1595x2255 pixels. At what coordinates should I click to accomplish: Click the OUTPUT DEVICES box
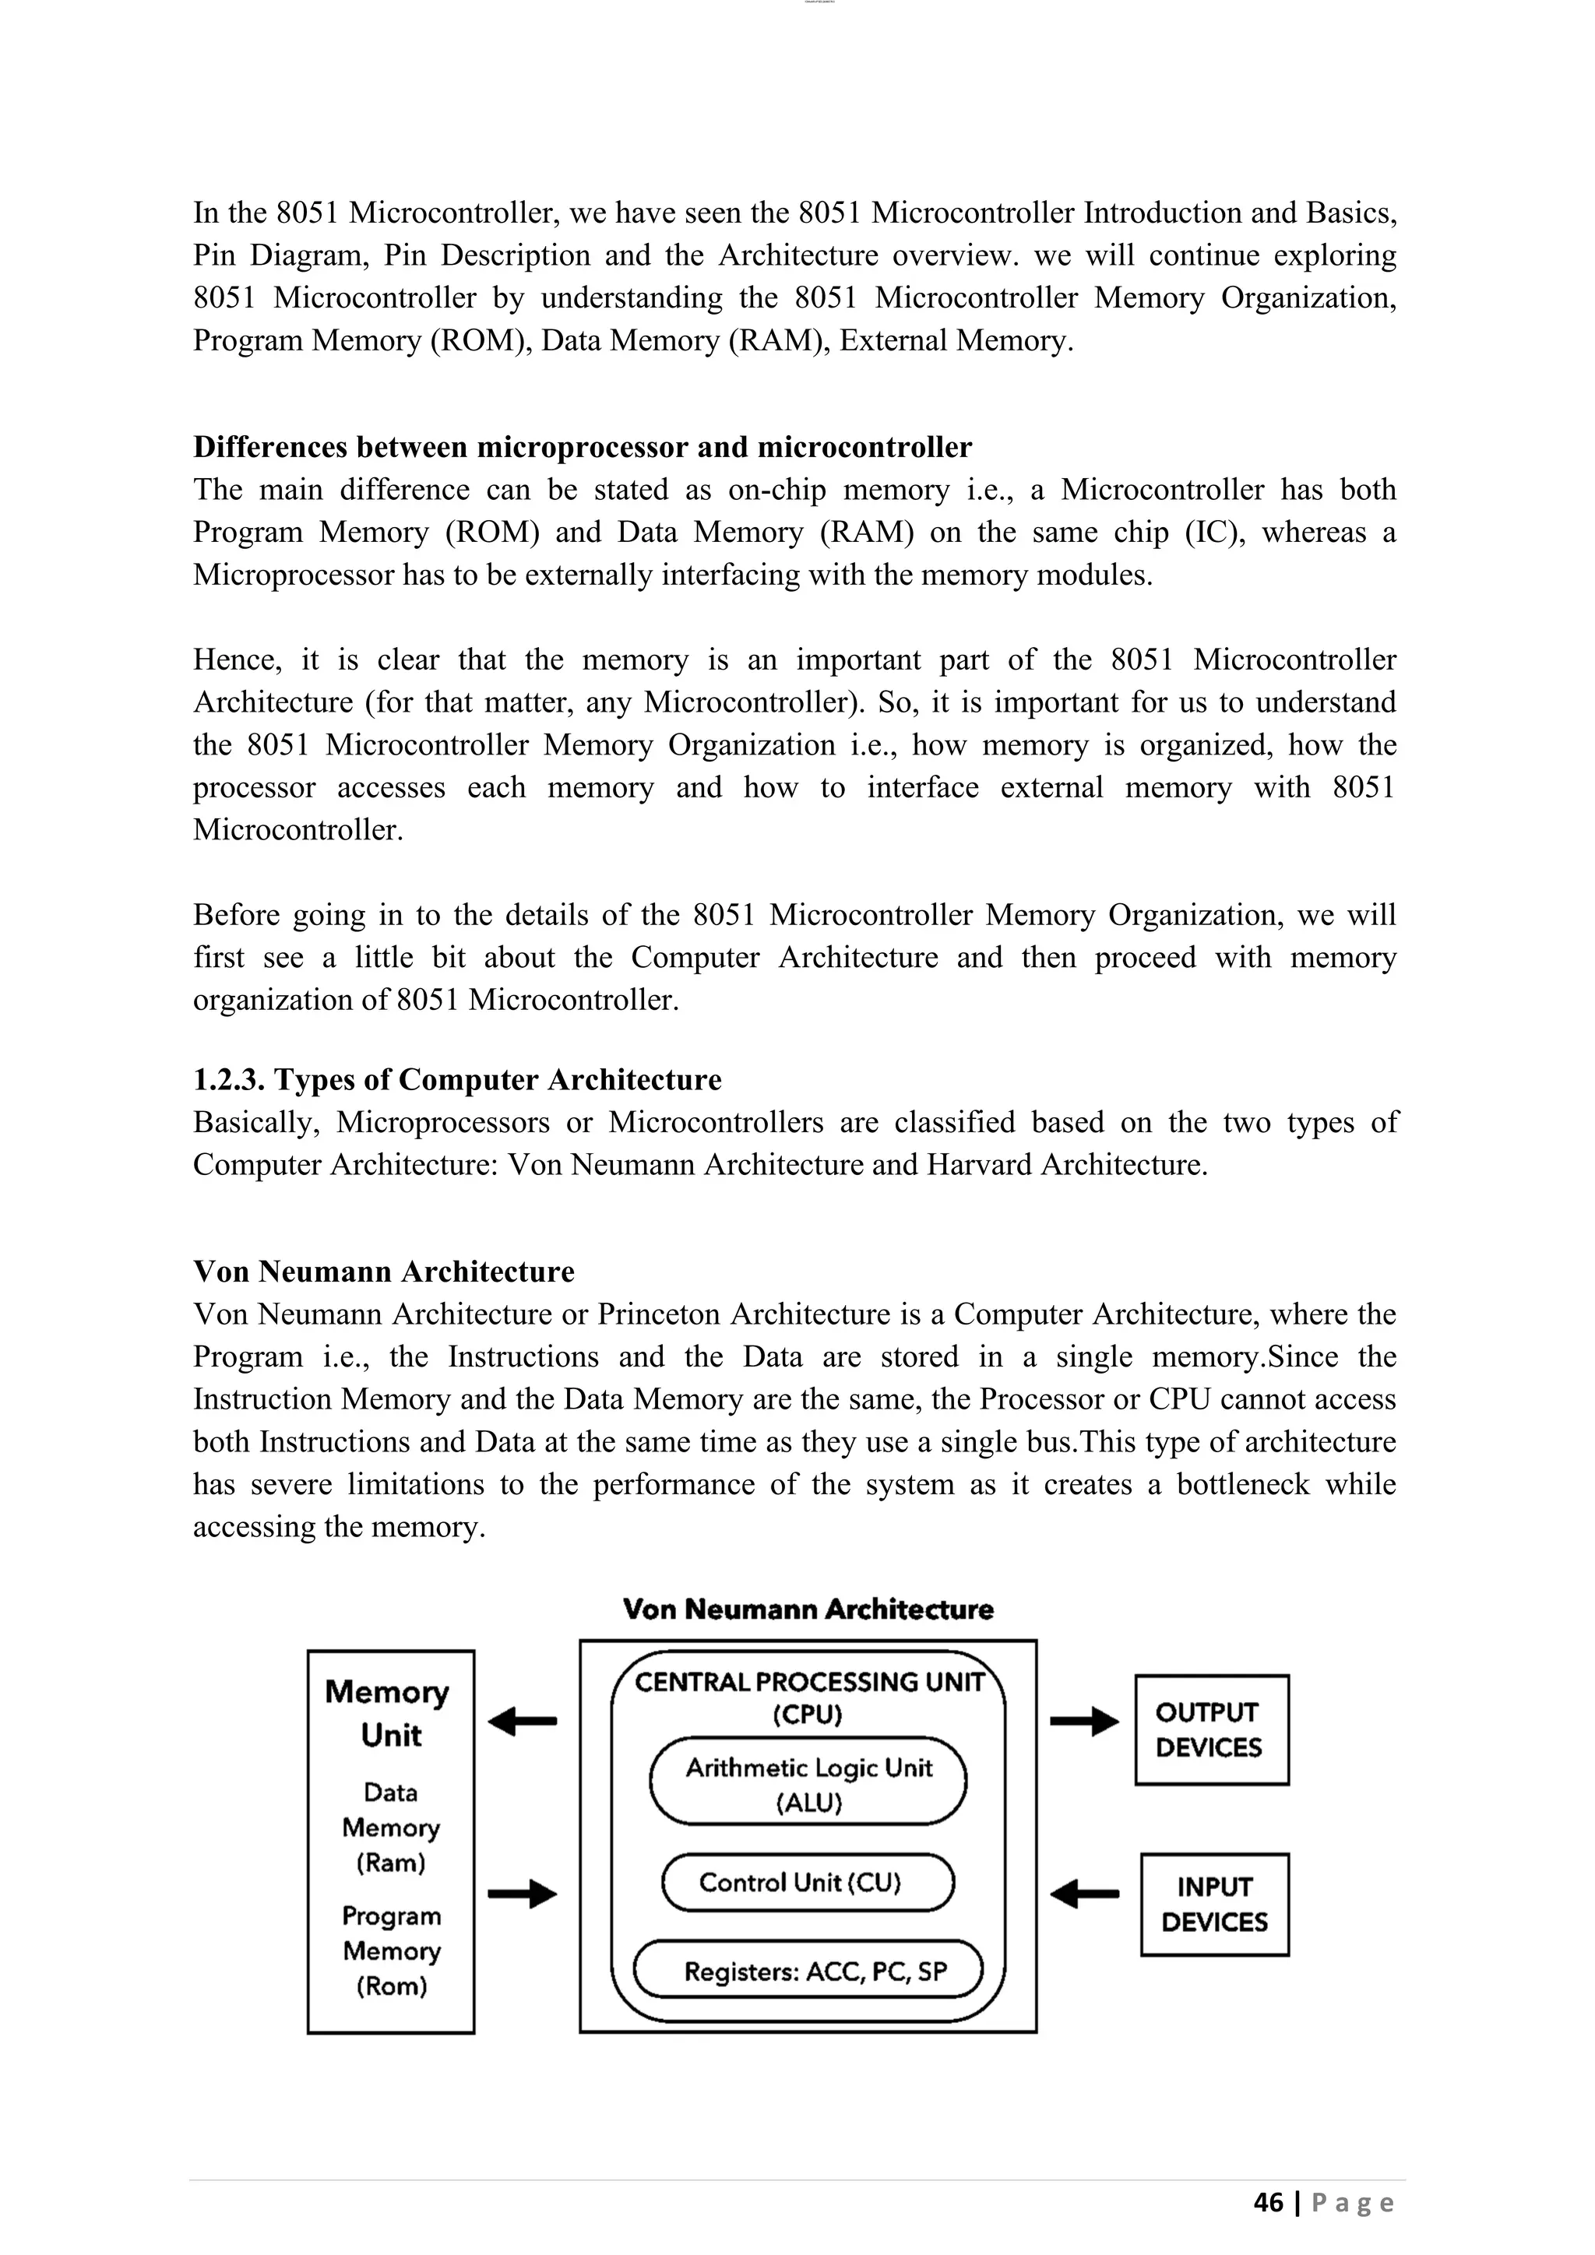1211,1729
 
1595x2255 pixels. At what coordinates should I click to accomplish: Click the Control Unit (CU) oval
808,1882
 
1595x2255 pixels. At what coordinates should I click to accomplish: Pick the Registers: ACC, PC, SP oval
808,1970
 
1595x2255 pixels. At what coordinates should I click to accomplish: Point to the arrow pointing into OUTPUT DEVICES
1083,1721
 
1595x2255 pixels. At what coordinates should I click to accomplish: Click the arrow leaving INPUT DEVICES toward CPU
1083,1893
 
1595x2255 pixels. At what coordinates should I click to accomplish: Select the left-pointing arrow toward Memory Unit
523,1721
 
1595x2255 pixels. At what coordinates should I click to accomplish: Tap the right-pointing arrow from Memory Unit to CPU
523,1893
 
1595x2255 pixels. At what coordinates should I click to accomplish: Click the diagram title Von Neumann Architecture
808,1609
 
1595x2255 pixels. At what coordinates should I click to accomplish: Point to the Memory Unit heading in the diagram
390,1713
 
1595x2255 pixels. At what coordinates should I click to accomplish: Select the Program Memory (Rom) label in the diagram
391,1951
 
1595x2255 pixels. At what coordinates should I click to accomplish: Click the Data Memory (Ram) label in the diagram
391,1827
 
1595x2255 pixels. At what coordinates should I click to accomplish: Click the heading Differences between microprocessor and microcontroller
582,447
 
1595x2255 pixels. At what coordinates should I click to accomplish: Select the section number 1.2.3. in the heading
229,1079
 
